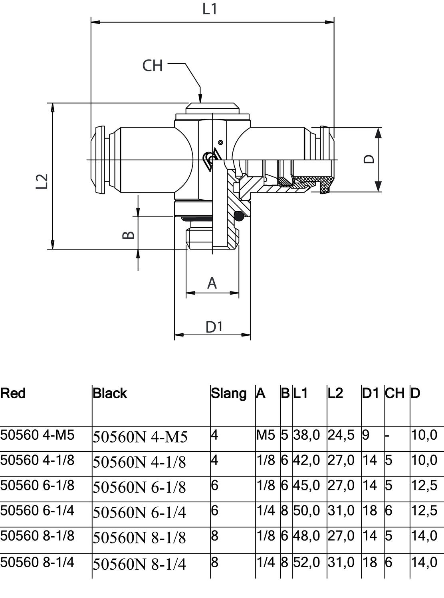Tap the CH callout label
[x=153, y=65]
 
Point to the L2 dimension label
[x=42, y=181]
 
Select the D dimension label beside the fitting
[x=369, y=159]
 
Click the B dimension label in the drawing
[x=128, y=234]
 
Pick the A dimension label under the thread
[x=212, y=283]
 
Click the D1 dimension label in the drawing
[x=214, y=327]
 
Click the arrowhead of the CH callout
[x=200, y=98]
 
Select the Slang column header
[x=228, y=393]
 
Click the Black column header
[x=110, y=393]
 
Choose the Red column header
[x=13, y=393]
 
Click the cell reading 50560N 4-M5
[x=140, y=437]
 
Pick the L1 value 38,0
[x=307, y=435]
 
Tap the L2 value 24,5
[x=341, y=435]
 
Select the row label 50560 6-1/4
[x=37, y=511]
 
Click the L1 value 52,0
[x=307, y=563]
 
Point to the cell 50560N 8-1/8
[x=140, y=538]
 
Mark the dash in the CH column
[x=387, y=435]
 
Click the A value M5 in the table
[x=266, y=435]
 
